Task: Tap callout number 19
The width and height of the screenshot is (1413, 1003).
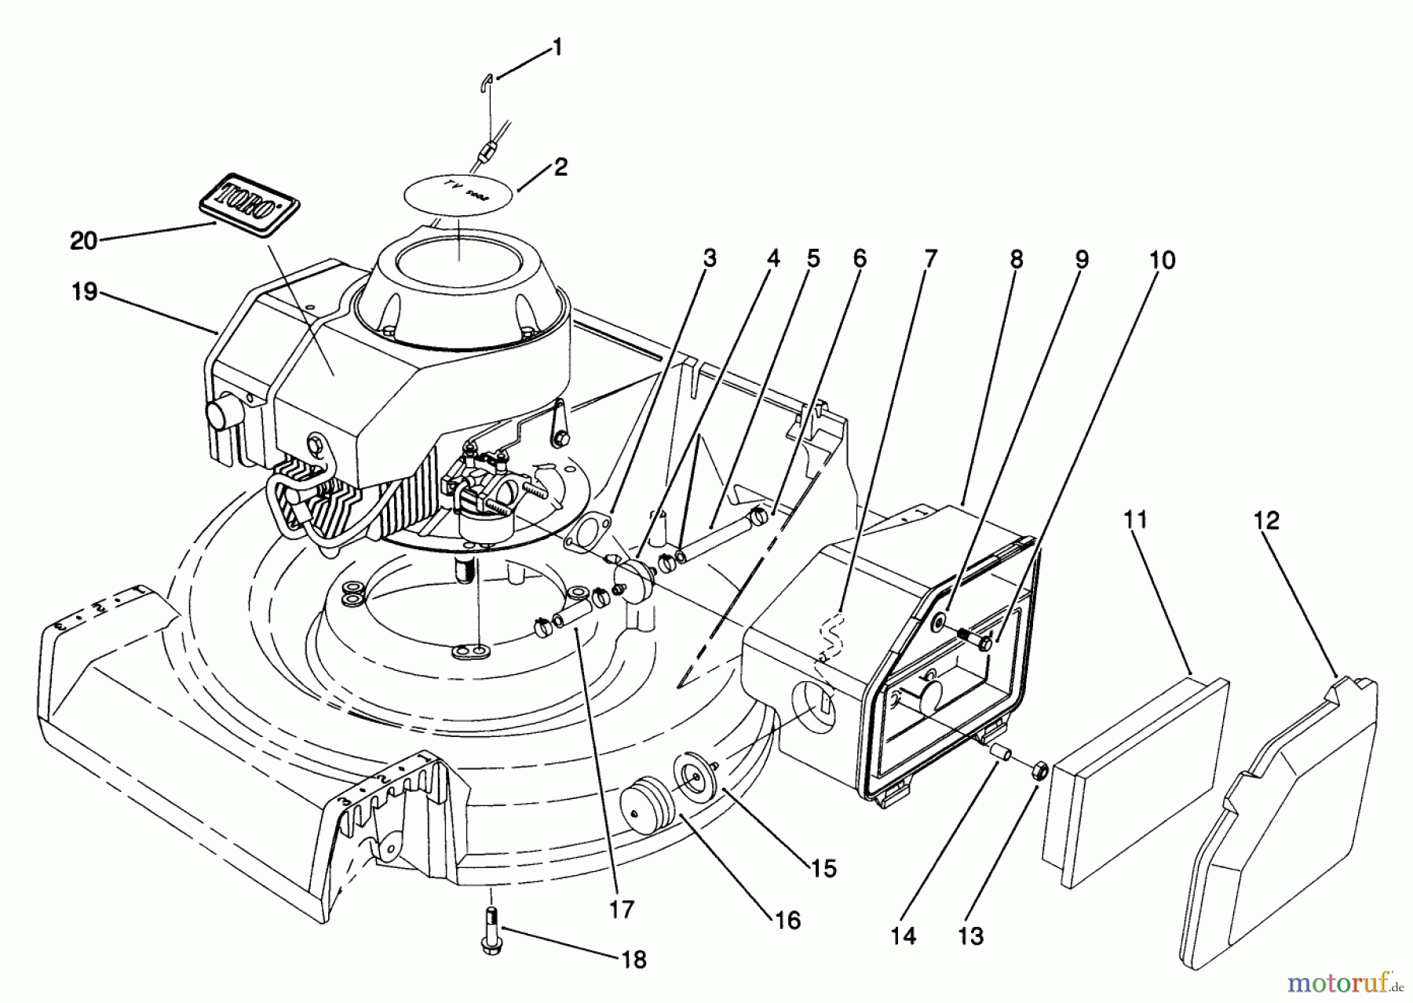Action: point(84,292)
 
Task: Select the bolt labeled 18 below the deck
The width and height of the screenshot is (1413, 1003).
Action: point(490,930)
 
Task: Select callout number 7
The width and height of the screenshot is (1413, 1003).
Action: point(930,259)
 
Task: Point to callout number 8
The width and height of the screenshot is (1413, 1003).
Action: point(1017,259)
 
